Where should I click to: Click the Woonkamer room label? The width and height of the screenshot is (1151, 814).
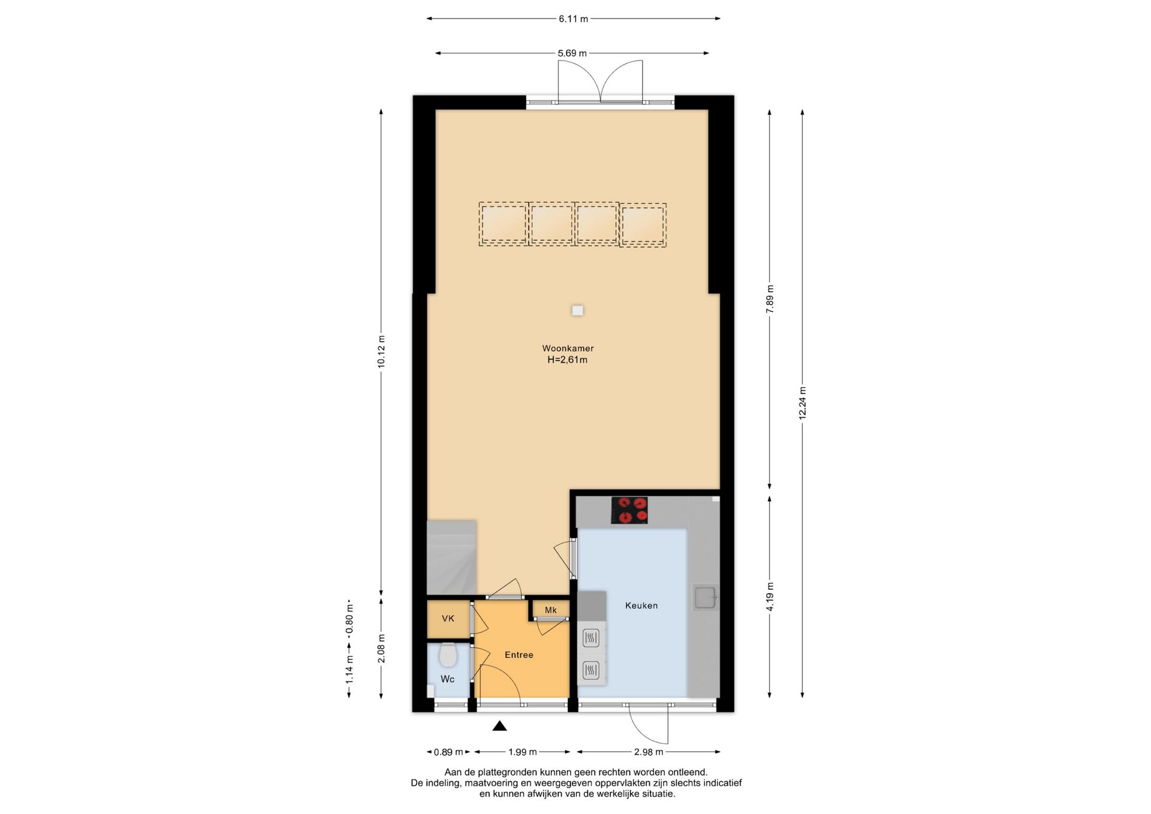tap(568, 348)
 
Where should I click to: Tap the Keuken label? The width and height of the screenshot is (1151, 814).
tap(641, 605)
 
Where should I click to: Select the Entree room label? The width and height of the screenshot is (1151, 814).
tap(519, 655)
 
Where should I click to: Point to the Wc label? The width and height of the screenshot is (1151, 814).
tap(447, 679)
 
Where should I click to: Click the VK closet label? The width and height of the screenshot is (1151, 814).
tap(448, 619)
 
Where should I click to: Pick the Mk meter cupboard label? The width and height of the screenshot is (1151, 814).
tap(550, 610)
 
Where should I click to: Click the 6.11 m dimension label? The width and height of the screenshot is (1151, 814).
tap(574, 19)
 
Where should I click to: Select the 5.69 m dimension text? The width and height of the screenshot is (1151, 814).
tap(573, 53)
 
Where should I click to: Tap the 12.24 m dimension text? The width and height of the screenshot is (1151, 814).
tap(802, 403)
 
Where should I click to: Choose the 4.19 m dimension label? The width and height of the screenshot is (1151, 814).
tap(770, 596)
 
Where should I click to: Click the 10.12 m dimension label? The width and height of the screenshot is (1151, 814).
tap(381, 352)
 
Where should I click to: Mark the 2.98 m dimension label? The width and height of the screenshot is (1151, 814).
tap(649, 752)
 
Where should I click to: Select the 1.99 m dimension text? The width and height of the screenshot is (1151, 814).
tap(523, 752)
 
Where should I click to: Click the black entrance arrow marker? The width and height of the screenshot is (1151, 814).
tap(499, 726)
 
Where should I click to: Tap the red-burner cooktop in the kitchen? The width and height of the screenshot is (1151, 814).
tap(629, 510)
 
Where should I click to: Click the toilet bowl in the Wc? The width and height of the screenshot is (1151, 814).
tap(448, 655)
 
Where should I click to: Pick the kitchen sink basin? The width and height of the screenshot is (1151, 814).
tap(705, 598)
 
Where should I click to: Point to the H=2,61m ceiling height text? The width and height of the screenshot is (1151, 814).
tap(567, 360)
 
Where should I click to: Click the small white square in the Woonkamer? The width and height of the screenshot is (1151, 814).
tap(577, 310)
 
